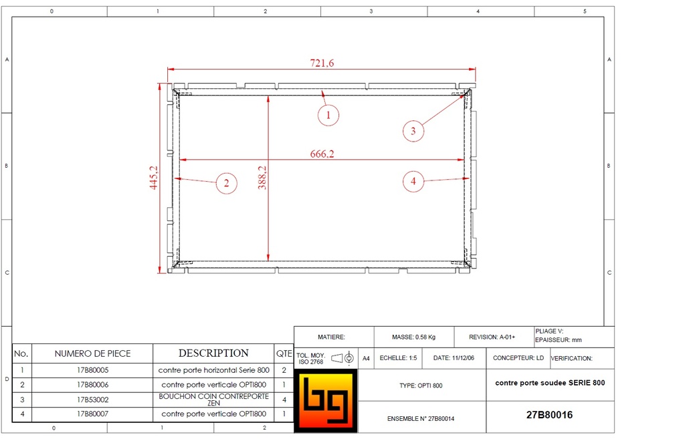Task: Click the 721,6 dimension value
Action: point(322,63)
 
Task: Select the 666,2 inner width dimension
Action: point(322,154)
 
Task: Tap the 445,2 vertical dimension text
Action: point(154,177)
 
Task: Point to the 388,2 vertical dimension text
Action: point(262,178)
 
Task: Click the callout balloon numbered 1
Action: point(328,115)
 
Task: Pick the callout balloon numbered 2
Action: point(227,183)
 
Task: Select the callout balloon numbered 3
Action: point(413,131)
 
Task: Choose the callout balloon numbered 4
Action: point(413,180)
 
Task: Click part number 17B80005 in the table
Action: point(92,369)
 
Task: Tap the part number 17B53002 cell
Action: point(92,399)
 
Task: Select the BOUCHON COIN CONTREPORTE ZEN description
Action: point(213,399)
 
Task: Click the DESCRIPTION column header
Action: point(213,353)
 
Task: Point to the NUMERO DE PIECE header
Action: point(92,353)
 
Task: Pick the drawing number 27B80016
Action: point(549,415)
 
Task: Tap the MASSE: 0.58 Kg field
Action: point(413,337)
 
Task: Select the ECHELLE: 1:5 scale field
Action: point(398,358)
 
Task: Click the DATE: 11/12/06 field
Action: point(454,358)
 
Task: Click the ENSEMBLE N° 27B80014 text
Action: point(421,419)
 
